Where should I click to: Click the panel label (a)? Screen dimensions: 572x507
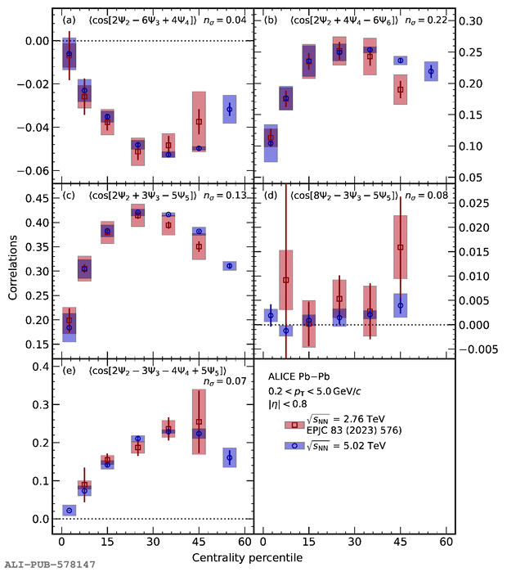pos(72,20)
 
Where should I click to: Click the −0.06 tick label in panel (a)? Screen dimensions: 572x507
pos(32,171)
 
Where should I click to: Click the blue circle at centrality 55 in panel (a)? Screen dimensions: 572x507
pos(230,109)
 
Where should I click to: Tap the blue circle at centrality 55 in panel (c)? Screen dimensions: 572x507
pos(230,266)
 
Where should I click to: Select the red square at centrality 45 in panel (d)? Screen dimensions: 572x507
pos(400,247)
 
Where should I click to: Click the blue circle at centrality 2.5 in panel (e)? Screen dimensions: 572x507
pos(69,511)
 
